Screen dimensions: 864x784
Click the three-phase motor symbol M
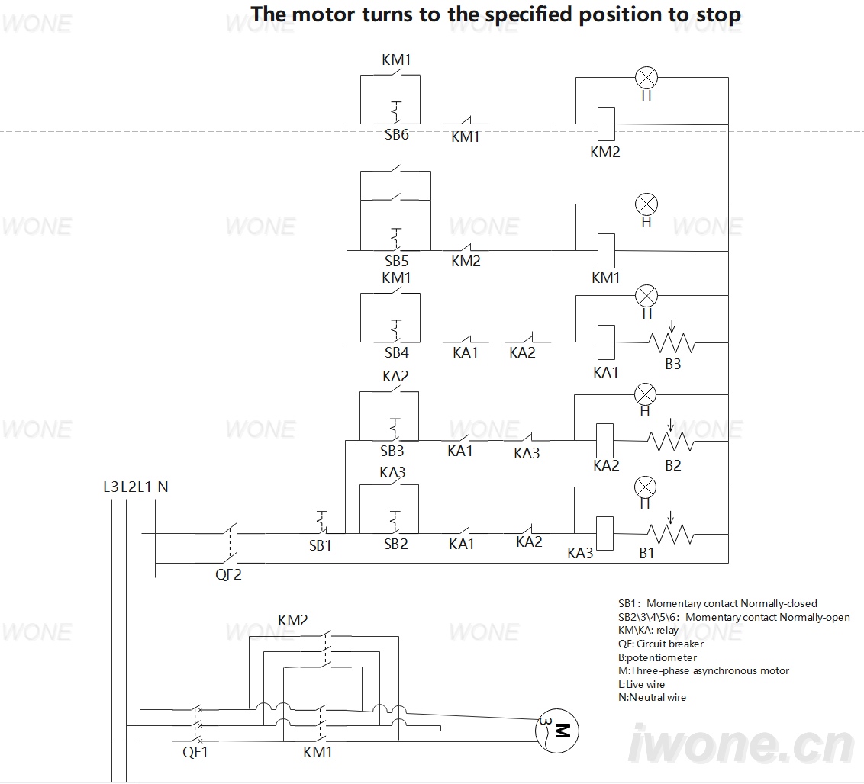point(556,731)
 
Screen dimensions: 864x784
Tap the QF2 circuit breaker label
point(228,574)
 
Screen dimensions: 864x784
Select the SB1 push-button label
point(320,545)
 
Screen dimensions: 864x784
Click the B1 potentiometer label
point(646,553)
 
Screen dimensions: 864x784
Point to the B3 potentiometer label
point(672,364)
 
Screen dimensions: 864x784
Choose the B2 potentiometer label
point(672,465)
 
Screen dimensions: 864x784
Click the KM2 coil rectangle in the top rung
point(606,124)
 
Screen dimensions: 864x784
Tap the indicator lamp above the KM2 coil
point(646,78)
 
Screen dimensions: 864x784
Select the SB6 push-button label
point(396,134)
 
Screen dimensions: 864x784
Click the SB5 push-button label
point(396,261)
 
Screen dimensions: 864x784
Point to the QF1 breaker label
point(195,752)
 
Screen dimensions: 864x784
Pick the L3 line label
point(111,487)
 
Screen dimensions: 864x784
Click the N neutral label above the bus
point(163,487)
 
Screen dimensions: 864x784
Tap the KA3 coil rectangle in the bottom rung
point(604,534)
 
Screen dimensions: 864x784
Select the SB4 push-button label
point(396,352)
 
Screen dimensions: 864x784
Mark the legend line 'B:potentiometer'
point(657,657)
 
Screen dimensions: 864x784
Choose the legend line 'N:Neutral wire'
point(652,697)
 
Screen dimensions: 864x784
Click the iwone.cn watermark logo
point(740,744)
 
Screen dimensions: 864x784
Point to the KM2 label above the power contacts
point(292,620)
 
